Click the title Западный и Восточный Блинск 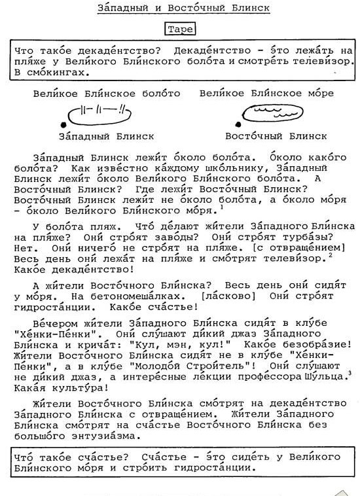coord(184,8)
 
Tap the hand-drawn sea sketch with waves coord(271,112)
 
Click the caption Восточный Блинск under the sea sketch coord(276,136)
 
